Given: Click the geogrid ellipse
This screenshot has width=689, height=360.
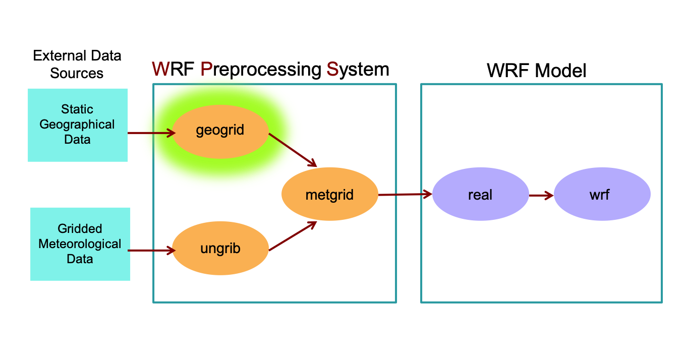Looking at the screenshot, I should tap(220, 130).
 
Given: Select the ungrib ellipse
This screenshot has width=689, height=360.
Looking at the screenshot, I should tap(220, 249).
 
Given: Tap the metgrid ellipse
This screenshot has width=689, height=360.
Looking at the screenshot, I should tap(329, 194).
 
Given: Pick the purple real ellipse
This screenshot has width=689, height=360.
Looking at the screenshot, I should tap(480, 195).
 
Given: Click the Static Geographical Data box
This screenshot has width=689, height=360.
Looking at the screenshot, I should tap(77, 125).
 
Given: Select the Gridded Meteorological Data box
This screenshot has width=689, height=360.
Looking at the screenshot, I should tap(80, 244).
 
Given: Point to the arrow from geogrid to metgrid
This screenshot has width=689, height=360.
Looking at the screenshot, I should tap(293, 150).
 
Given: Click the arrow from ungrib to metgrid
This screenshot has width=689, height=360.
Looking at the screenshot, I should tap(293, 236).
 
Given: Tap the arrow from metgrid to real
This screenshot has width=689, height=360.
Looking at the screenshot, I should tap(405, 194).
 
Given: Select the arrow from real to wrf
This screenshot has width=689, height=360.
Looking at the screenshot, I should tap(541, 195).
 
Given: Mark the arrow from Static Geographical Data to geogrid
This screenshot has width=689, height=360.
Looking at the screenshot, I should tap(151, 133).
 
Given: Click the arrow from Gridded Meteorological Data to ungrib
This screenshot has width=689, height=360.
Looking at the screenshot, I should tap(150, 250).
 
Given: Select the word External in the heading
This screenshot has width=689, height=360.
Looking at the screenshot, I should tap(55, 55).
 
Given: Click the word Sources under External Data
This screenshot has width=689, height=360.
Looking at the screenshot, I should tap(77, 73).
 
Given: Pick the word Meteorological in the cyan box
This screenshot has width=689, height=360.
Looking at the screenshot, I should tap(80, 244).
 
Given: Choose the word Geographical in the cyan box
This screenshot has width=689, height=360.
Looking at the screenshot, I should tap(77, 124).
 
